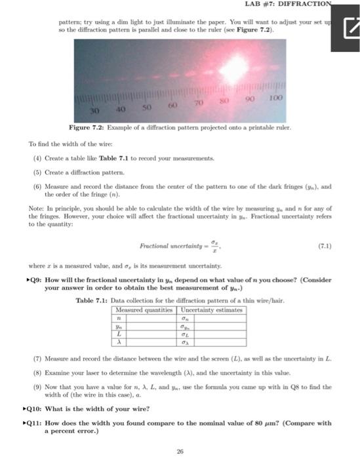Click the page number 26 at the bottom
[x=179, y=450]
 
